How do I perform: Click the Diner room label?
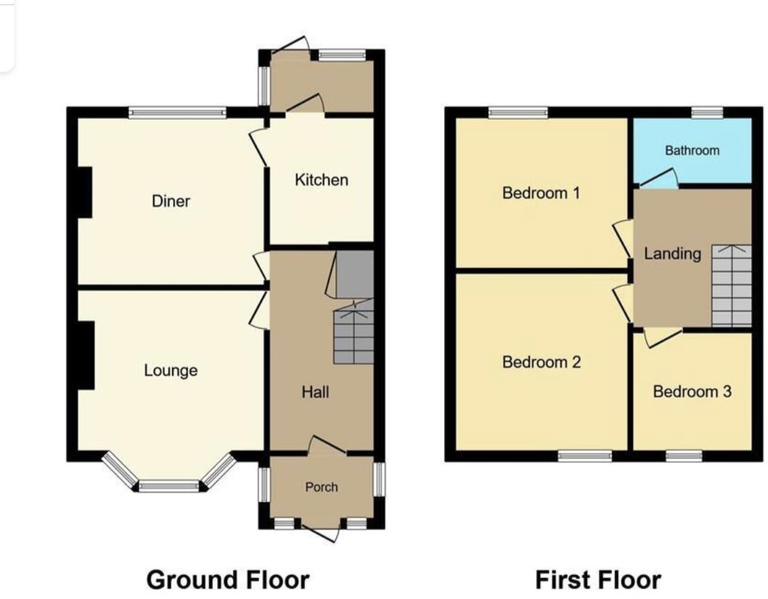(x=171, y=201)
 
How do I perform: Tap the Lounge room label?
(x=171, y=371)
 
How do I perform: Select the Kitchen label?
(x=321, y=180)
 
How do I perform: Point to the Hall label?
(x=316, y=392)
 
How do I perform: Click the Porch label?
(x=321, y=487)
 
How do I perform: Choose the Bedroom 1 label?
(x=541, y=193)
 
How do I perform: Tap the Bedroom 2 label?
(x=541, y=362)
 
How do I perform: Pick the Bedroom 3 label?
(x=692, y=392)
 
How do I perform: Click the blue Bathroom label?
(x=692, y=150)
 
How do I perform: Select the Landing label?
(x=673, y=254)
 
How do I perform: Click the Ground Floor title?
(x=228, y=581)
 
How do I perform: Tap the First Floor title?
(x=598, y=581)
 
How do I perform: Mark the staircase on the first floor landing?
(x=731, y=286)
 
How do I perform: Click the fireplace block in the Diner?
(x=84, y=192)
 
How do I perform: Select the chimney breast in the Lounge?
(x=85, y=355)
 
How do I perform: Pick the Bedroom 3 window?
(x=684, y=455)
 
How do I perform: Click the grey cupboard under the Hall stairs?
(x=355, y=274)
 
